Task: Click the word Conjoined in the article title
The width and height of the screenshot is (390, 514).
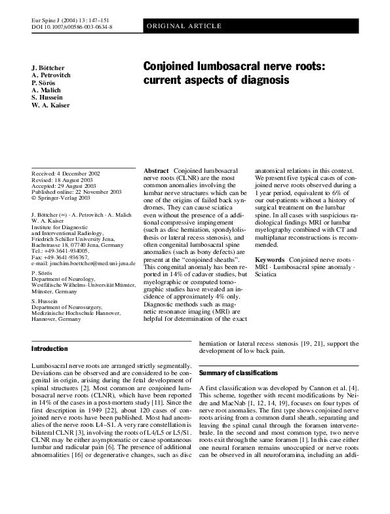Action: [x=174, y=66]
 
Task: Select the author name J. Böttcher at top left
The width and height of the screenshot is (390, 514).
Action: [x=49, y=68]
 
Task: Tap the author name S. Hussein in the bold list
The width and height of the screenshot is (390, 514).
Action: [x=47, y=98]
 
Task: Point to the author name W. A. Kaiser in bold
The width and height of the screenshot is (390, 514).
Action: [x=50, y=105]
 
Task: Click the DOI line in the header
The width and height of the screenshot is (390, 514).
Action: [x=71, y=28]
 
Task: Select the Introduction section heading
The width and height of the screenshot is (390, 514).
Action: [x=49, y=348]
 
